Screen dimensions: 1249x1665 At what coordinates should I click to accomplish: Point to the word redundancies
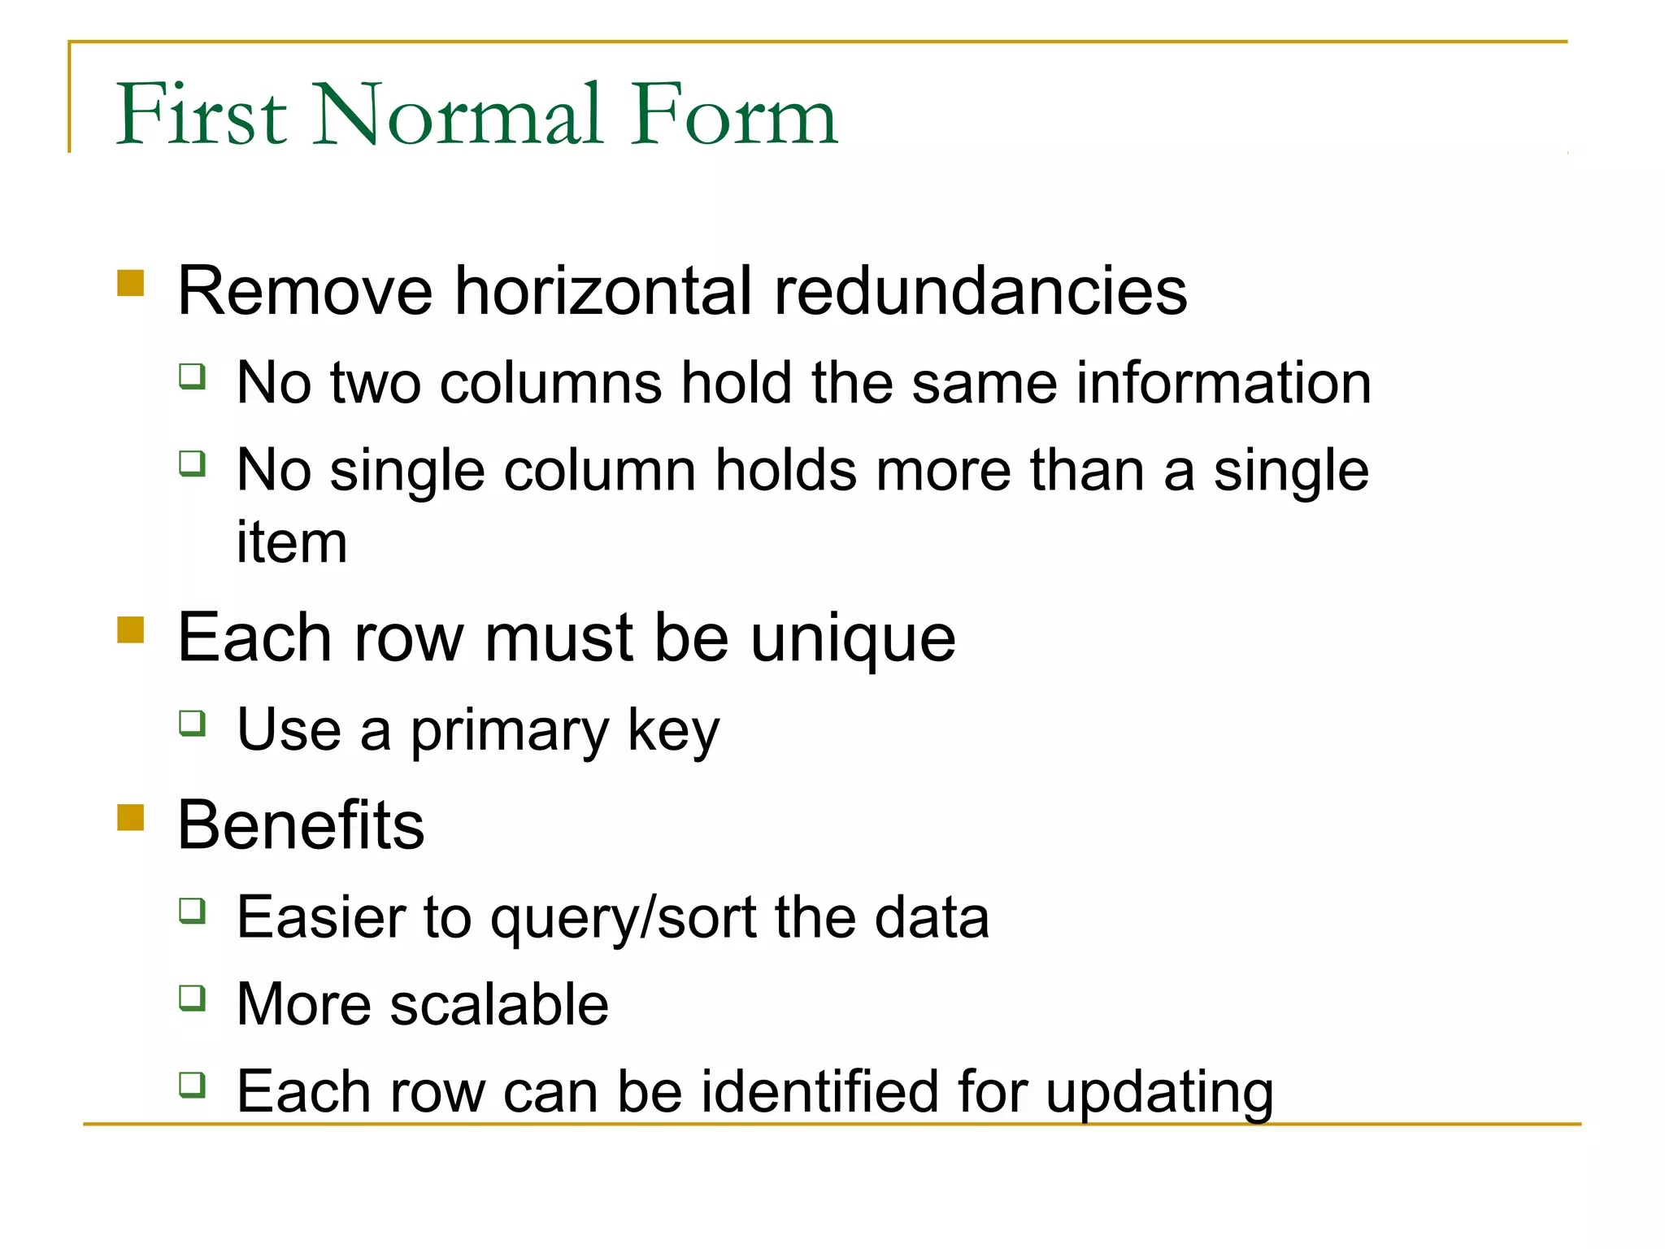point(980,291)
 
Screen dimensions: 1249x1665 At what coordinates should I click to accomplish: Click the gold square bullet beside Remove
point(131,284)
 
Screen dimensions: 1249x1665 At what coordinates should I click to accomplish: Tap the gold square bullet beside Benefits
point(131,817)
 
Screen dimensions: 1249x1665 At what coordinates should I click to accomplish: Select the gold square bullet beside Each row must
point(131,630)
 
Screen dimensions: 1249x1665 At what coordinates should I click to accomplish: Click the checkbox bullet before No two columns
point(193,376)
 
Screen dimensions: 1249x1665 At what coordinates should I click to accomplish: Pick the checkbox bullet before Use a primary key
point(193,723)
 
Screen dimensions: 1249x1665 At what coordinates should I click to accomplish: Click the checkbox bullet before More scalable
point(193,997)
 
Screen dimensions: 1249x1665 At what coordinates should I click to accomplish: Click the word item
point(292,542)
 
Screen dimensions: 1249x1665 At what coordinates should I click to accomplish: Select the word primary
point(509,730)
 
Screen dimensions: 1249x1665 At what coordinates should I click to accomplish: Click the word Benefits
point(301,825)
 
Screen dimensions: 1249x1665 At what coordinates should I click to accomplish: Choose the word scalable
point(499,1004)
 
